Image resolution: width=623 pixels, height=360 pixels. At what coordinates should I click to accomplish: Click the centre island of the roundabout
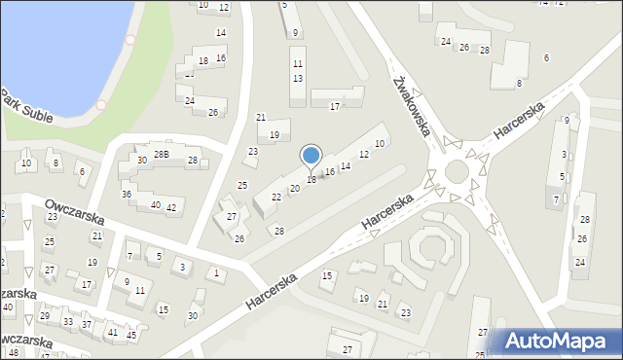click(457, 174)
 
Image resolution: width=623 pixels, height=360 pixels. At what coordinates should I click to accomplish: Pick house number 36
click(127, 195)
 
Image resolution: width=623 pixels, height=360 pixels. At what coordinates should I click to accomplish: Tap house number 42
click(171, 207)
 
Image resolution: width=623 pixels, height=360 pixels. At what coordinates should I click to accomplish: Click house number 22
click(276, 198)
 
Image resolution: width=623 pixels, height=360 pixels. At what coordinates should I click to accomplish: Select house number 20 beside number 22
click(295, 189)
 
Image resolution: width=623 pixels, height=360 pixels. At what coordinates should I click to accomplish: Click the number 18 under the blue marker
click(311, 180)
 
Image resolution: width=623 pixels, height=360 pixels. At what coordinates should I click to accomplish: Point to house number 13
click(298, 78)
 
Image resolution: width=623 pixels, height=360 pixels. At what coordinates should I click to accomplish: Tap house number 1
click(216, 272)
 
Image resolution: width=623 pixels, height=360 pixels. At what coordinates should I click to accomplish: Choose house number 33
click(67, 321)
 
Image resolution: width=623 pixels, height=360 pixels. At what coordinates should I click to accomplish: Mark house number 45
click(131, 335)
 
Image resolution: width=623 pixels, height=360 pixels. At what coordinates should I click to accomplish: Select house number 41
click(113, 332)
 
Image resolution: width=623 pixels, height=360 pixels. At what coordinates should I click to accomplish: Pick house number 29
click(45, 316)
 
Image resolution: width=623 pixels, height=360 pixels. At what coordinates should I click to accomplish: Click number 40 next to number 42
click(155, 204)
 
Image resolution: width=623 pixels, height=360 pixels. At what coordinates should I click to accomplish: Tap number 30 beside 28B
click(142, 161)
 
